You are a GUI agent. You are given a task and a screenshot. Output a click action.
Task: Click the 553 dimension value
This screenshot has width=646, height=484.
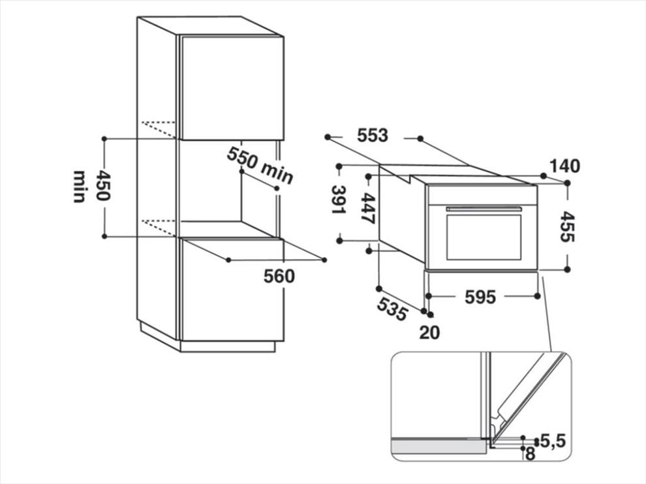(x=373, y=136)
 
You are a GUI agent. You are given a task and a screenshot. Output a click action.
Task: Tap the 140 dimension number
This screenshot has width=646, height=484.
(x=565, y=166)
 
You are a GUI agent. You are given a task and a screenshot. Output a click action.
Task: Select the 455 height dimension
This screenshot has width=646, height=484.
(x=567, y=226)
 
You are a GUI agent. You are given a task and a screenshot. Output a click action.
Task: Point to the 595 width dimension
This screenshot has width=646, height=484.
(x=480, y=297)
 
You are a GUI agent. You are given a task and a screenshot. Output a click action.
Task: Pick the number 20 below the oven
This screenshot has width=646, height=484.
(x=430, y=333)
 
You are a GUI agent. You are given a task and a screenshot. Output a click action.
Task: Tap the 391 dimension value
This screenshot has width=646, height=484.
(x=339, y=200)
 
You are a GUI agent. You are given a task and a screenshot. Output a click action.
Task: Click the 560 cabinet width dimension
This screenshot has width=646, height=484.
(x=279, y=277)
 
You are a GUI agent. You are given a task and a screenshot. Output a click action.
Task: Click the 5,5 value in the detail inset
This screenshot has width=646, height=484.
(x=553, y=442)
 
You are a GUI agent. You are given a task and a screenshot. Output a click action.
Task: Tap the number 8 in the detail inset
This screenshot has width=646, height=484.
(x=531, y=454)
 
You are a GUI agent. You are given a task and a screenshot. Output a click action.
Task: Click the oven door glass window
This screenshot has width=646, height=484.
(x=484, y=237)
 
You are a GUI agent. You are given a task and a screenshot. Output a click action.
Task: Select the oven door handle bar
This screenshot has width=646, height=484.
(x=484, y=209)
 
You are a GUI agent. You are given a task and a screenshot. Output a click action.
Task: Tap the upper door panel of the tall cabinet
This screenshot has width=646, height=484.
(x=232, y=88)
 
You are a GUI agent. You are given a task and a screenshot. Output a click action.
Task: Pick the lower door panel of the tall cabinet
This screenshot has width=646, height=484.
(x=232, y=290)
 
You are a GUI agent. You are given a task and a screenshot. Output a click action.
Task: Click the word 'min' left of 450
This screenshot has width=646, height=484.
(x=79, y=186)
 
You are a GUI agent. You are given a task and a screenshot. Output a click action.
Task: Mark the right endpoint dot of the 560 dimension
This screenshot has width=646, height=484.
(x=324, y=260)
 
